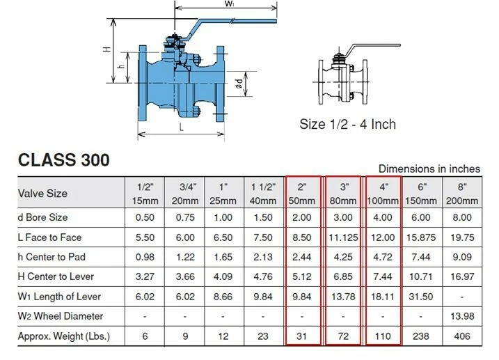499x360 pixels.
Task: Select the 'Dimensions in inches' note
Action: tap(429, 169)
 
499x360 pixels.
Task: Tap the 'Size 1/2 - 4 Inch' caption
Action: tap(347, 124)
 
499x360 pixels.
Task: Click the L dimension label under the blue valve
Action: tap(181, 127)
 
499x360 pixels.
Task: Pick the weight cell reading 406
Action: tap(461, 336)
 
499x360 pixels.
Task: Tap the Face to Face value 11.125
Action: tap(342, 237)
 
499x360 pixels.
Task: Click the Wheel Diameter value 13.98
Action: tap(461, 317)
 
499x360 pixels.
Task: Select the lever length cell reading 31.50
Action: tap(422, 297)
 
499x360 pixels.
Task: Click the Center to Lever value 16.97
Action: tap(461, 277)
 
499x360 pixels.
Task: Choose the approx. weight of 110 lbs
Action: tap(382, 336)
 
